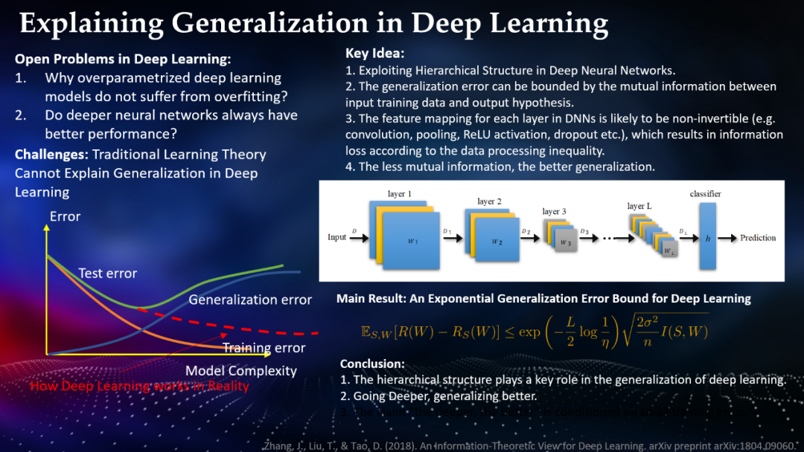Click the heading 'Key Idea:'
point(374,54)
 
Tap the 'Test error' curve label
point(108,274)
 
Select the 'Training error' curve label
point(264,348)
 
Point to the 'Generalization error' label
point(250,300)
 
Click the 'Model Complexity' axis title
point(241,370)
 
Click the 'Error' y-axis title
point(65,217)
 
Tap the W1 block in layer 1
point(410,240)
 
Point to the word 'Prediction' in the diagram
point(758,238)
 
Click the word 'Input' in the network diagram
point(337,237)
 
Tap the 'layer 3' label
point(554,211)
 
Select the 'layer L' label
point(640,206)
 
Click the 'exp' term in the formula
point(529,332)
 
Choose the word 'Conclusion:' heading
point(372,364)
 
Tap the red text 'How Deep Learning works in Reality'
point(139,386)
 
